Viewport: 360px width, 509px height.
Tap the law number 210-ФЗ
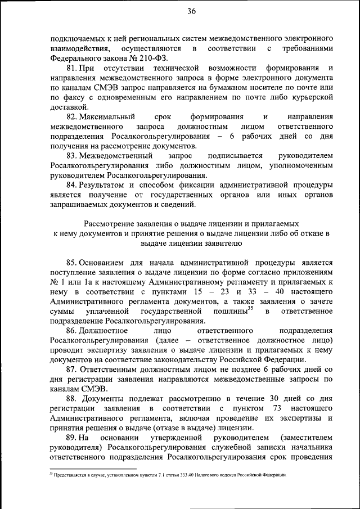click(x=152, y=58)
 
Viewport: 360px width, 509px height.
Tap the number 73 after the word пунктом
click(x=276, y=408)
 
